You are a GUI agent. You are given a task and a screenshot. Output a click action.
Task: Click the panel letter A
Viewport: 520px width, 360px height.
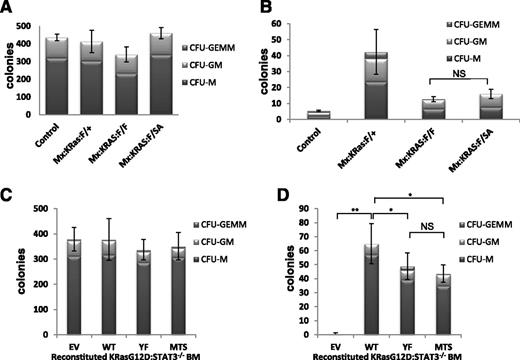tap(9, 9)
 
